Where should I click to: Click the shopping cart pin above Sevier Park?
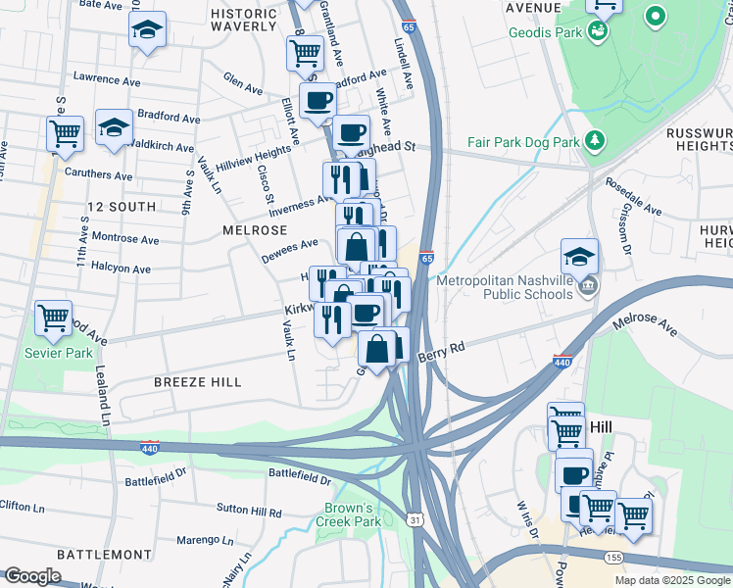pyautogui.click(x=53, y=318)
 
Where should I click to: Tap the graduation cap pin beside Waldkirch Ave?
pyautogui.click(x=114, y=129)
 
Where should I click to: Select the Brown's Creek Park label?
pyautogui.click(x=348, y=514)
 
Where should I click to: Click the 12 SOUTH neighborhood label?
pyautogui.click(x=121, y=207)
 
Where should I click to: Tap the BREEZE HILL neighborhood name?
pyautogui.click(x=197, y=381)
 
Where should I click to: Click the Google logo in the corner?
pyautogui.click(x=32, y=576)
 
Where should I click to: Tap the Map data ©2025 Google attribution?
pyautogui.click(x=671, y=580)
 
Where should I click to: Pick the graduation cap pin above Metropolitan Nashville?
pyautogui.click(x=579, y=257)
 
